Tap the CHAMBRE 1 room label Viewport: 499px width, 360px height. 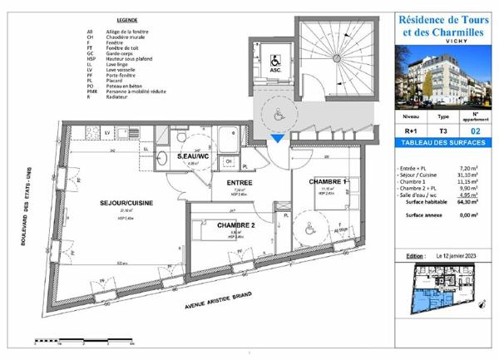click(328, 181)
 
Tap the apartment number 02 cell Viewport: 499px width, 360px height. click(475, 131)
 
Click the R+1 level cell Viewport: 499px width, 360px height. click(411, 131)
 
